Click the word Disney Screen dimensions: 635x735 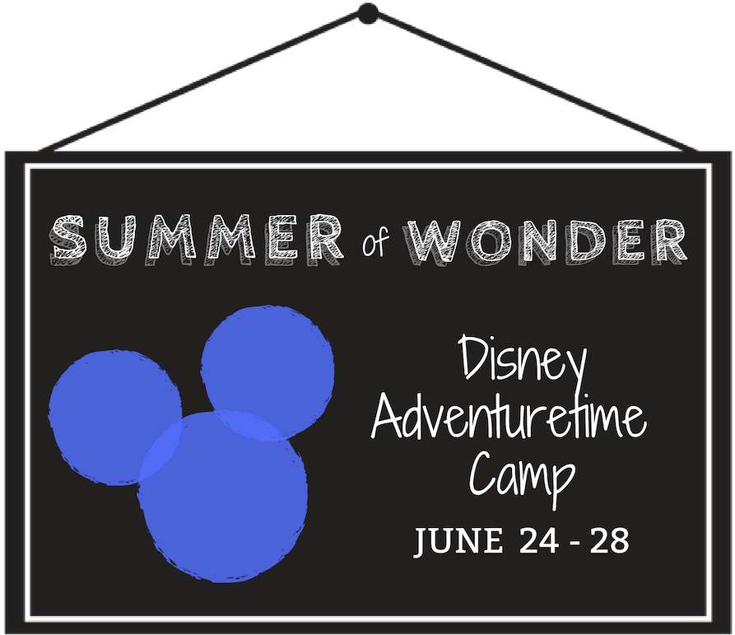point(522,362)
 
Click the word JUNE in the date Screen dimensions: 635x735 point(458,541)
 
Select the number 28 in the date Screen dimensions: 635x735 point(609,541)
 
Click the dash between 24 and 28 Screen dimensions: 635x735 point(575,543)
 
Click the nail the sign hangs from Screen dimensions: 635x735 point(368,12)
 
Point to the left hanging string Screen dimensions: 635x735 point(198,82)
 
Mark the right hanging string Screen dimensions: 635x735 point(535,82)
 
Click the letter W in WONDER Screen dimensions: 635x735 point(435,240)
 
